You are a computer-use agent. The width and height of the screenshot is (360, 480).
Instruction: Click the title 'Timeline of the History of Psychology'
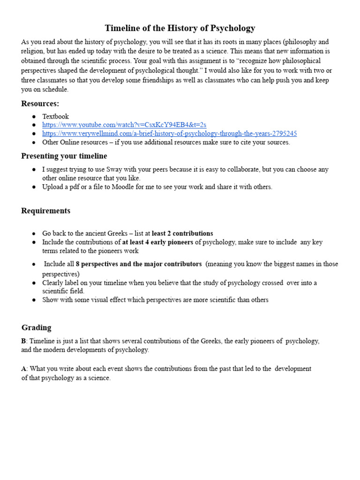click(180, 28)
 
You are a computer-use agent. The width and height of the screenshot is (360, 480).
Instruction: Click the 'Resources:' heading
click(40, 104)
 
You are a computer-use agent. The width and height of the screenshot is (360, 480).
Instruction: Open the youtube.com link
click(124, 125)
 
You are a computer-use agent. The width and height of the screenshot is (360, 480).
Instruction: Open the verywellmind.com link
click(169, 134)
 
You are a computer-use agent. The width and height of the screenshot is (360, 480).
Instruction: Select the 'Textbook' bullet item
click(55, 116)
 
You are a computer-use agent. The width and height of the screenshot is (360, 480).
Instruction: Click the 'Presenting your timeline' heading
click(64, 156)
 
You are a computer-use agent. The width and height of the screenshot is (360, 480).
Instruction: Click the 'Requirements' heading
click(45, 211)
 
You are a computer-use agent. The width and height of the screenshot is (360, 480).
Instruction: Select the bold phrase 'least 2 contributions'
click(182, 233)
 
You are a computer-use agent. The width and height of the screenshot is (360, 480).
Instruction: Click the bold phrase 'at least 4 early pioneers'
click(157, 242)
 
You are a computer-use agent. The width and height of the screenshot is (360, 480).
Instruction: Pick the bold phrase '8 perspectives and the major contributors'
click(139, 264)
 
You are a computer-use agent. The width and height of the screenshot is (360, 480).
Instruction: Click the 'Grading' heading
click(36, 328)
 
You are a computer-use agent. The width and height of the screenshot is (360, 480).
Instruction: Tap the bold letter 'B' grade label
click(23, 341)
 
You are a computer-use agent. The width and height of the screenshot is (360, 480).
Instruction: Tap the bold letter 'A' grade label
click(23, 369)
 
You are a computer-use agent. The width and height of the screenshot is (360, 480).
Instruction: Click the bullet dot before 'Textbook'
click(34, 116)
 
